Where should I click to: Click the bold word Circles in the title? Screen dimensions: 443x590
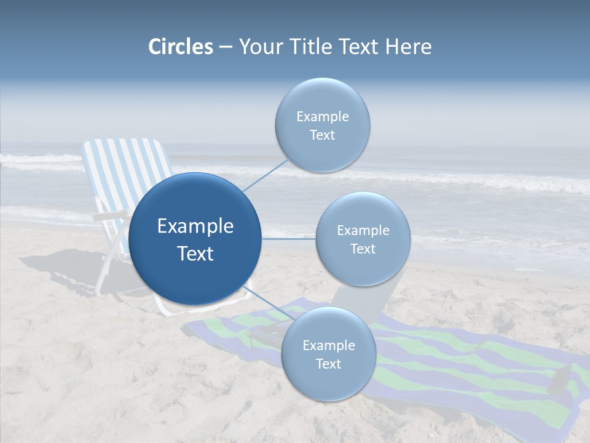click(x=181, y=47)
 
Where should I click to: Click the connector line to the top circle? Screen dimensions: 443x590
click(x=265, y=174)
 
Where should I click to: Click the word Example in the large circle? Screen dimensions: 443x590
click(x=195, y=226)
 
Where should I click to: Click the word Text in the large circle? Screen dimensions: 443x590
click(x=195, y=253)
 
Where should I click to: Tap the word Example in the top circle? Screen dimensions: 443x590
click(x=322, y=117)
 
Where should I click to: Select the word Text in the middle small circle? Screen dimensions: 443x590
click(x=363, y=249)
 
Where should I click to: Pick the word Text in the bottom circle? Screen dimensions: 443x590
click(x=328, y=364)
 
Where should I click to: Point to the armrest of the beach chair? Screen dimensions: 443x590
click(x=108, y=217)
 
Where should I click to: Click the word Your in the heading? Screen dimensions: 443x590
click(x=259, y=47)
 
